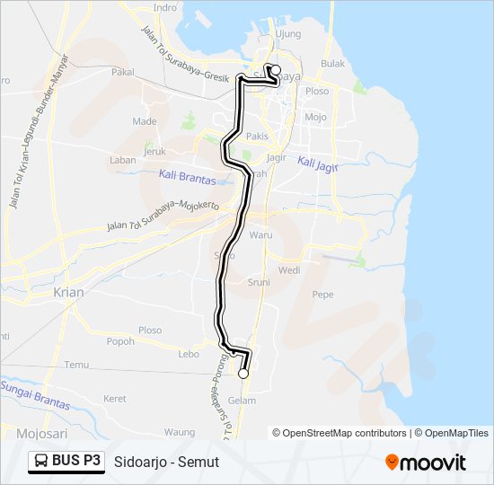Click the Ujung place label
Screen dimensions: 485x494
[x=289, y=34]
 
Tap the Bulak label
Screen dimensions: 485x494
[x=333, y=64]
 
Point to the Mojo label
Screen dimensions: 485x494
[x=315, y=117]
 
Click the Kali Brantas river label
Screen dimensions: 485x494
[x=187, y=177]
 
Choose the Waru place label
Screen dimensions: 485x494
[x=260, y=234]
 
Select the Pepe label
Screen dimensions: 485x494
[x=322, y=295]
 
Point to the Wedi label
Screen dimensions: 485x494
[x=289, y=269]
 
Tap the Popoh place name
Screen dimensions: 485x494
[x=120, y=341]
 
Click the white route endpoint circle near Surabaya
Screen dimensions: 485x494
[x=276, y=70]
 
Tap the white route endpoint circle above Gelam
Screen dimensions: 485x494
[x=243, y=373]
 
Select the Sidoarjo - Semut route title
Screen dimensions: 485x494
[x=167, y=462]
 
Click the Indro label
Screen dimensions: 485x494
[x=165, y=7]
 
